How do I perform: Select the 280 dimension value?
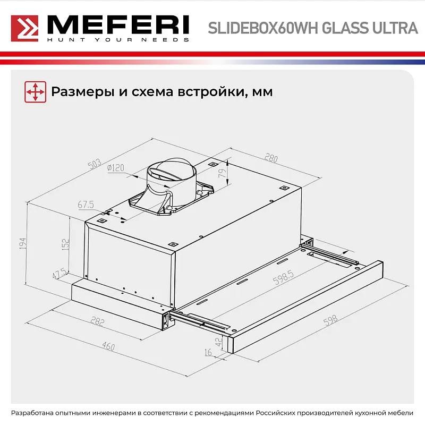click(271, 158)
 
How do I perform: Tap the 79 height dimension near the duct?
click(223, 172)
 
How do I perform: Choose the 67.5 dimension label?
click(86, 204)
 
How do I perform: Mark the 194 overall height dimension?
click(23, 243)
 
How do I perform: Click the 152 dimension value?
click(65, 244)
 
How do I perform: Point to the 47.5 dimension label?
click(59, 274)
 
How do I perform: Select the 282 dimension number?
click(97, 322)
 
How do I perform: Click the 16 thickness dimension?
click(208, 352)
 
